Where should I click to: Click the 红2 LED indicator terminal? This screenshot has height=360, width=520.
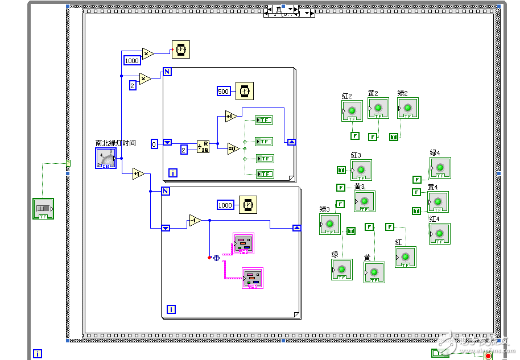[x=352, y=111]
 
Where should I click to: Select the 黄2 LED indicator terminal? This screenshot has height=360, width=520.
[x=378, y=107]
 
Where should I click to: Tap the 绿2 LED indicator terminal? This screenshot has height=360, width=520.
[x=407, y=107]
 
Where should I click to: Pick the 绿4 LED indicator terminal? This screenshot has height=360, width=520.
[x=440, y=168]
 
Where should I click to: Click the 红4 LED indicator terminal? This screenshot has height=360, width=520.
[x=439, y=234]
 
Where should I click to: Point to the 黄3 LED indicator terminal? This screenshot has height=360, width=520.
[x=365, y=201]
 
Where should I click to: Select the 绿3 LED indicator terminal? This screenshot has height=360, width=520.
[x=330, y=225]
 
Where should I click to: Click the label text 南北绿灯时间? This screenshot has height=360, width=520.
[x=115, y=143]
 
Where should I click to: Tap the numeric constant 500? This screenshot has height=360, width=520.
[x=224, y=91]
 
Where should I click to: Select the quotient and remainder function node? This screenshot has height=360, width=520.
[x=204, y=147]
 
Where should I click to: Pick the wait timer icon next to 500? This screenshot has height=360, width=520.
[x=245, y=90]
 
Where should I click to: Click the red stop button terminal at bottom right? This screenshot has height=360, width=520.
[x=488, y=356]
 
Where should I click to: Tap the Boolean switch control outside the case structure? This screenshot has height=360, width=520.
[x=43, y=209]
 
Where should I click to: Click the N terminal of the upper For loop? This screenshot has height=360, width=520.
[x=167, y=72]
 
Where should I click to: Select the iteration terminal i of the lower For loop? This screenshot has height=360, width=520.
[x=171, y=309]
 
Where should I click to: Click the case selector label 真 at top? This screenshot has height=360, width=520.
[x=279, y=9]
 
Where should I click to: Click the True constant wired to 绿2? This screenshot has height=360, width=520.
[x=393, y=136]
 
